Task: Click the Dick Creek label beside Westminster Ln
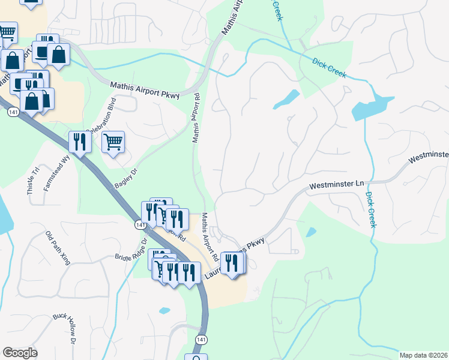(x=370, y=209)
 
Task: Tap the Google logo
(x=20, y=353)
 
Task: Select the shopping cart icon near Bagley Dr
(x=113, y=142)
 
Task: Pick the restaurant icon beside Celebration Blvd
(x=79, y=142)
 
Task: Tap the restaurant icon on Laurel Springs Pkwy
(x=232, y=262)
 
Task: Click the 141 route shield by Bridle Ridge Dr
(x=139, y=224)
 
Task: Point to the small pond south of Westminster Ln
(x=310, y=232)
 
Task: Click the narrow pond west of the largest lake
(x=286, y=100)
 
